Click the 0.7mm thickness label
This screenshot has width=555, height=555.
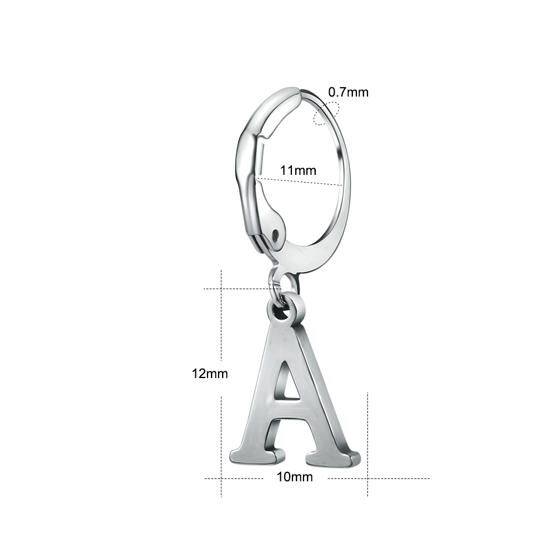[349, 92]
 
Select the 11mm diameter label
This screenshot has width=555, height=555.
[298, 170]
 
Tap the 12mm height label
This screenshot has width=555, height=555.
[210, 374]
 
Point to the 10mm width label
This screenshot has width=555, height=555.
[295, 477]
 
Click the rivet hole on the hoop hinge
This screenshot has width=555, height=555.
[275, 234]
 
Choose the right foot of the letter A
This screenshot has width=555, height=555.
[330, 457]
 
